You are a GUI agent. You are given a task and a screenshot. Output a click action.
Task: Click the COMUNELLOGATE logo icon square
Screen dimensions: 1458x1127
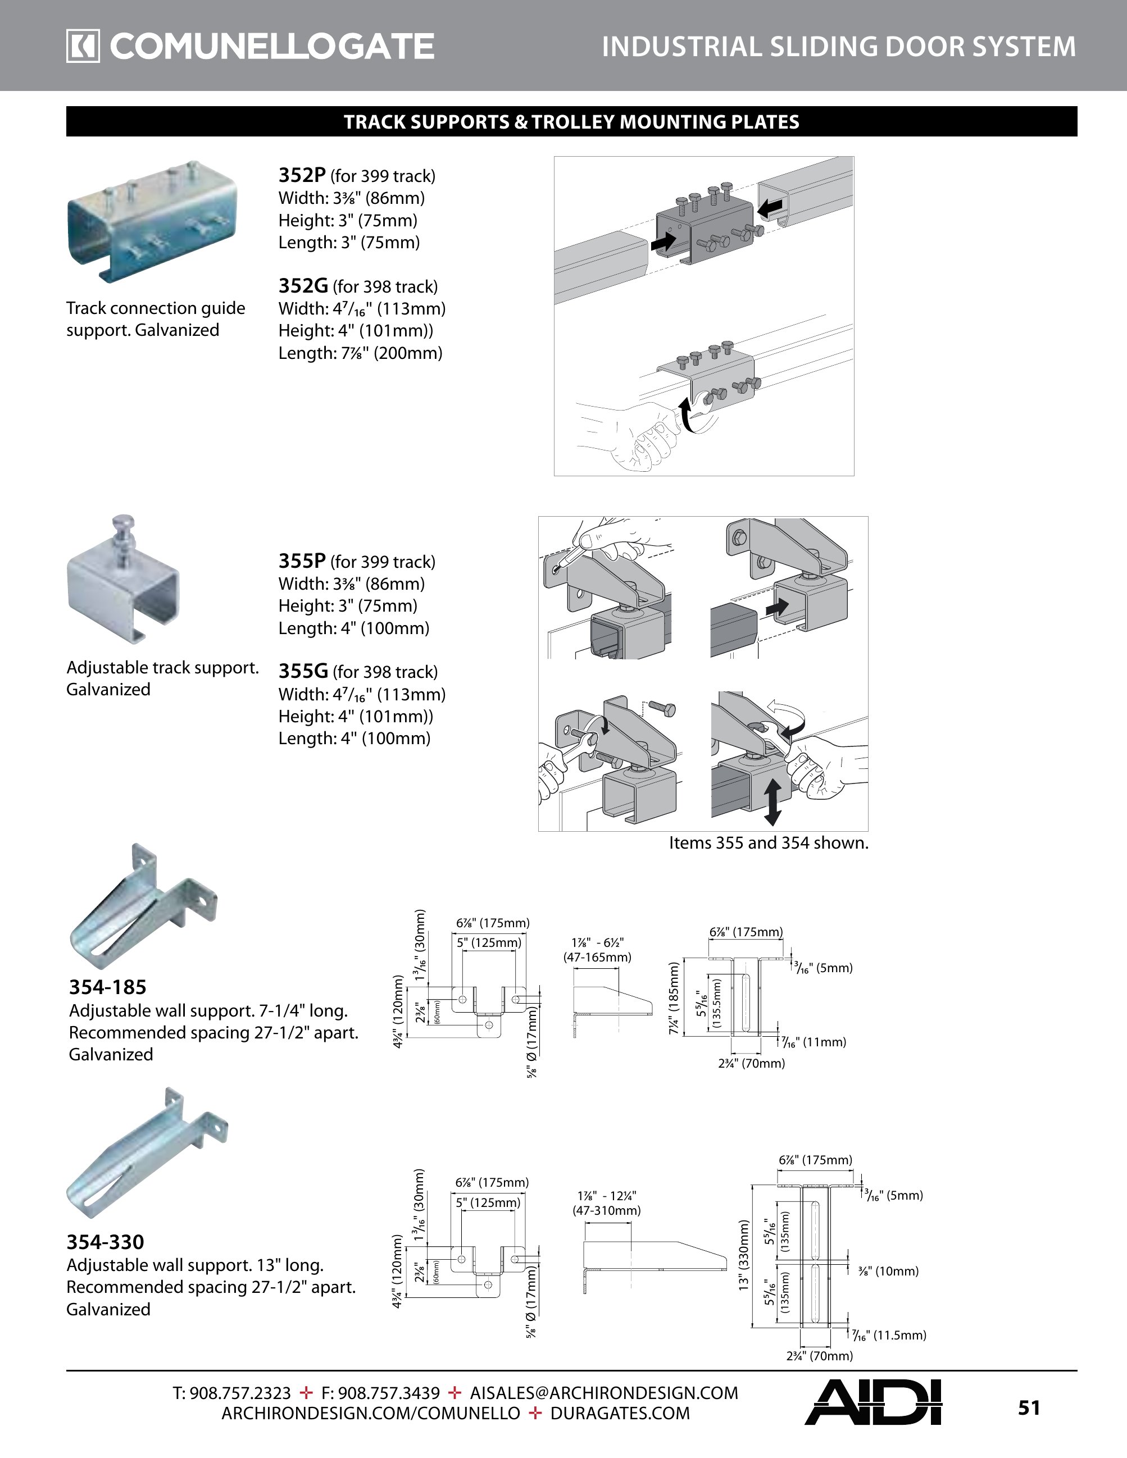pos(83,47)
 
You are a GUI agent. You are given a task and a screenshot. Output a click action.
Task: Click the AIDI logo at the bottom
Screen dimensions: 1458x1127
pos(872,1402)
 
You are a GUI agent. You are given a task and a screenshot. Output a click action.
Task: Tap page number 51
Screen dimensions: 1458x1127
pos(1029,1407)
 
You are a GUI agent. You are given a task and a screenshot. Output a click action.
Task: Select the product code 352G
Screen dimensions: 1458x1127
pos(303,286)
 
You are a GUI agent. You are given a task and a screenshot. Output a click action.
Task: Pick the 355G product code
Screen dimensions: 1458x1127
pos(303,671)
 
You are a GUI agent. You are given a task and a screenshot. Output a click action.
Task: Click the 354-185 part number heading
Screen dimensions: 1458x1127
pos(107,987)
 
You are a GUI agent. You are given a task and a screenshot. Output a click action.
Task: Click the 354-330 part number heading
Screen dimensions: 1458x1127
pos(106,1242)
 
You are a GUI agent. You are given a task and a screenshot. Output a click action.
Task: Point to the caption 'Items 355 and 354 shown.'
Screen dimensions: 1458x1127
pos(769,842)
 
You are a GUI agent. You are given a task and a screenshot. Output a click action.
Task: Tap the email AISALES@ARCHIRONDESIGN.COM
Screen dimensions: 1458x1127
pos(603,1393)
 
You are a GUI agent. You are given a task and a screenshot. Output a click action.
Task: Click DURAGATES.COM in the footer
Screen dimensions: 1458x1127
pos(620,1413)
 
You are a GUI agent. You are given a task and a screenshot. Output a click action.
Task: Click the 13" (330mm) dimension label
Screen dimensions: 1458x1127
pos(744,1255)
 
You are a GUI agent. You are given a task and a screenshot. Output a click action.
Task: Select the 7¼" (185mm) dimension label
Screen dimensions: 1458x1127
pos(674,998)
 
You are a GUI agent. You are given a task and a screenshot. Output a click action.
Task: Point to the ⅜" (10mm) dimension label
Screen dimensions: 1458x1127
pos(889,1271)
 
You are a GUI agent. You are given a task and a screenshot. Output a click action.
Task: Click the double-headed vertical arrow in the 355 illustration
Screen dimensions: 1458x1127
pos(772,803)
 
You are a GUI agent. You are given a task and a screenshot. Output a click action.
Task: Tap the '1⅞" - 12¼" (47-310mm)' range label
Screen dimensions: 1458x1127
pos(607,1203)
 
